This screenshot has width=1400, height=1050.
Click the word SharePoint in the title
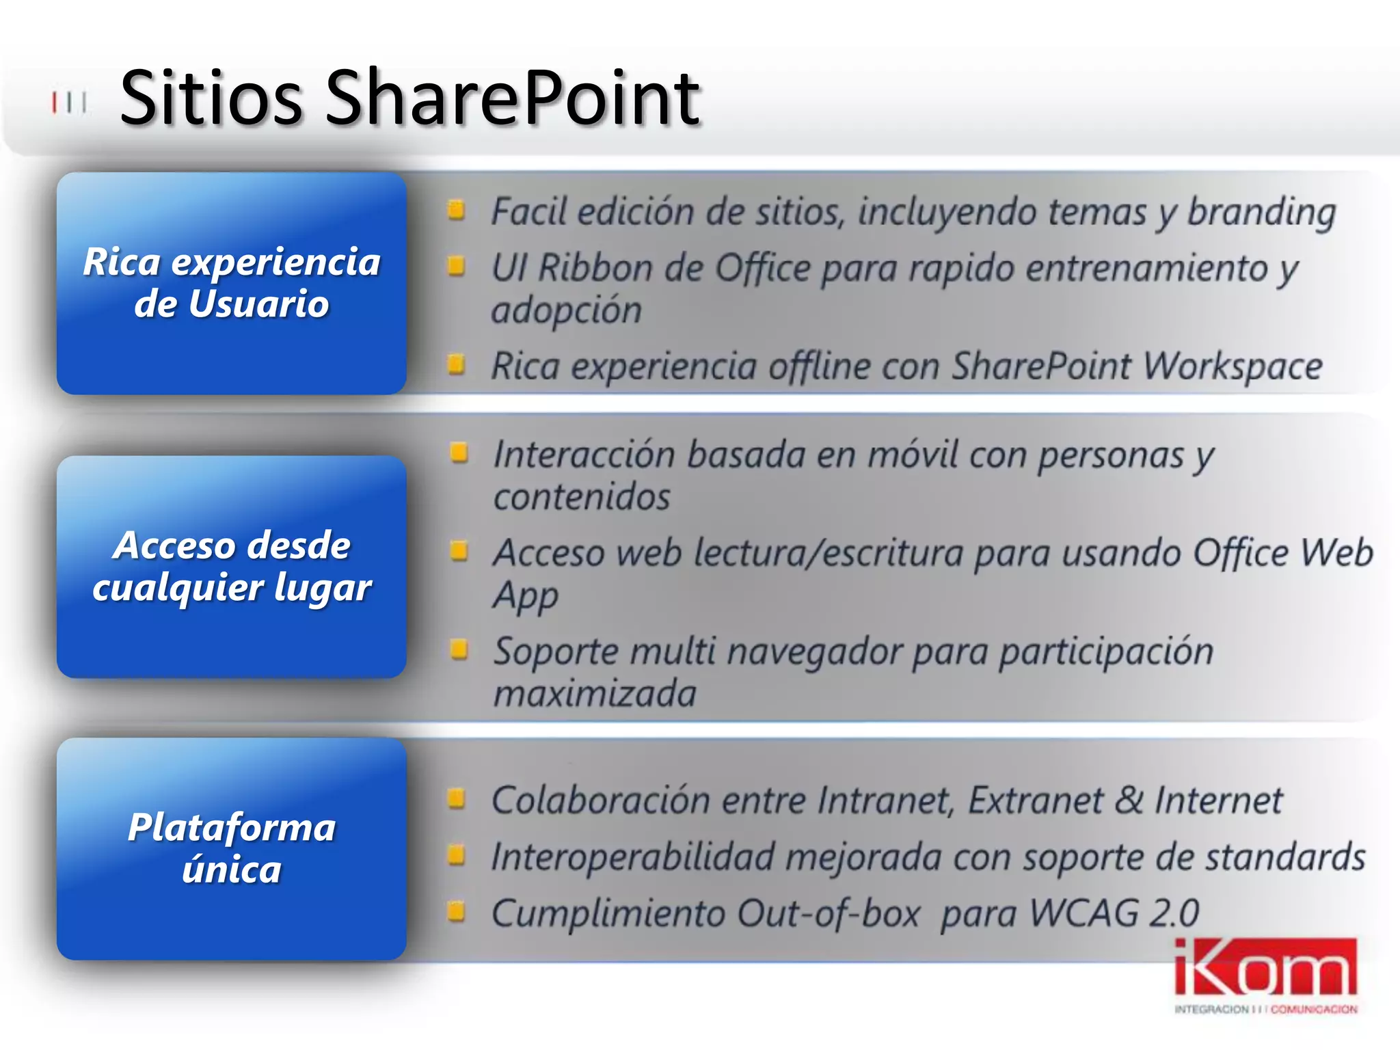click(x=513, y=99)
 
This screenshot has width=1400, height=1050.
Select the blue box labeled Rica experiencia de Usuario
click(x=232, y=283)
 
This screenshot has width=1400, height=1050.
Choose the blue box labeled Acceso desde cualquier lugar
click(x=232, y=567)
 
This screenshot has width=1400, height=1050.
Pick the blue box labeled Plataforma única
click(x=232, y=848)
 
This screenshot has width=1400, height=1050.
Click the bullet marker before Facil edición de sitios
click(x=456, y=209)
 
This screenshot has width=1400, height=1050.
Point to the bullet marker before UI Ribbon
click(x=456, y=265)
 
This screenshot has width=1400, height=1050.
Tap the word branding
click(x=1261, y=212)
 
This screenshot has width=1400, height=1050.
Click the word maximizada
click(x=595, y=694)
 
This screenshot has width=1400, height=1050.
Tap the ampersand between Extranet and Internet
click(x=1128, y=800)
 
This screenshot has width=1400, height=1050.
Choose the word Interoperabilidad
click(x=632, y=857)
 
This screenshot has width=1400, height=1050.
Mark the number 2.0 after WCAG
click(x=1174, y=913)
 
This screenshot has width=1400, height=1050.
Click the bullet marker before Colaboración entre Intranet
click(x=456, y=798)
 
